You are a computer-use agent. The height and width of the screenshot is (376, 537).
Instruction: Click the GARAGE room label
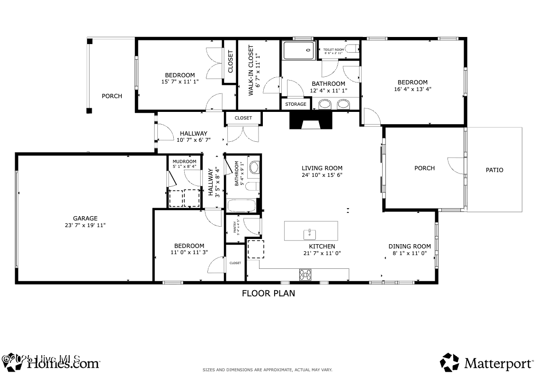(x=85, y=219)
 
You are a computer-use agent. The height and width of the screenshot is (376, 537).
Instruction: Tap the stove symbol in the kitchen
(x=305, y=274)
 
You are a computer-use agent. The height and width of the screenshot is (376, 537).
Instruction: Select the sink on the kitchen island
(x=310, y=233)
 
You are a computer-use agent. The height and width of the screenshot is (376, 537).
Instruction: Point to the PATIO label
(x=494, y=170)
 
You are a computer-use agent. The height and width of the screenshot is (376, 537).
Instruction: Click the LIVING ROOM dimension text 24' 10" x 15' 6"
(x=322, y=175)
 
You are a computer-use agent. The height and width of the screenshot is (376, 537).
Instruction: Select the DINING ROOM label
(x=410, y=246)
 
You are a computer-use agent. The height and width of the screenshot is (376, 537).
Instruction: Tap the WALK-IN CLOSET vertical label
(x=251, y=70)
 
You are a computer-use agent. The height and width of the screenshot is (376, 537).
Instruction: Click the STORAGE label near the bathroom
(x=295, y=104)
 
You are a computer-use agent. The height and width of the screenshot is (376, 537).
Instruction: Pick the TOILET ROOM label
(x=334, y=50)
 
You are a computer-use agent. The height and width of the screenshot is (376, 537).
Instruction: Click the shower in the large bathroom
(x=299, y=50)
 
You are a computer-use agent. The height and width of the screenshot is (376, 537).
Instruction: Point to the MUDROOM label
(x=184, y=161)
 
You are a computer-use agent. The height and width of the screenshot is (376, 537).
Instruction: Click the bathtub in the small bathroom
(x=242, y=206)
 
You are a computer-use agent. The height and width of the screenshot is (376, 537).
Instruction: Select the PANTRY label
(x=235, y=226)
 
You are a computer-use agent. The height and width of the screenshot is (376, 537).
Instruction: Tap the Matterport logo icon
(x=449, y=363)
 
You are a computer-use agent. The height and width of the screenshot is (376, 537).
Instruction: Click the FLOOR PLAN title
(x=268, y=293)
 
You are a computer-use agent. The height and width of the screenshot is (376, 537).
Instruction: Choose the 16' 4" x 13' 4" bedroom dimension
(x=412, y=89)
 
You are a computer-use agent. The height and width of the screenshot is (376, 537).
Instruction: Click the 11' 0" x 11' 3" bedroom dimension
(x=189, y=252)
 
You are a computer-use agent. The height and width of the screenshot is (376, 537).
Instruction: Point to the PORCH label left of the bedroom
(x=112, y=96)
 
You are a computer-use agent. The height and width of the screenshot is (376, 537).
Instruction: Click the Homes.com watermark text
(x=63, y=364)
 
